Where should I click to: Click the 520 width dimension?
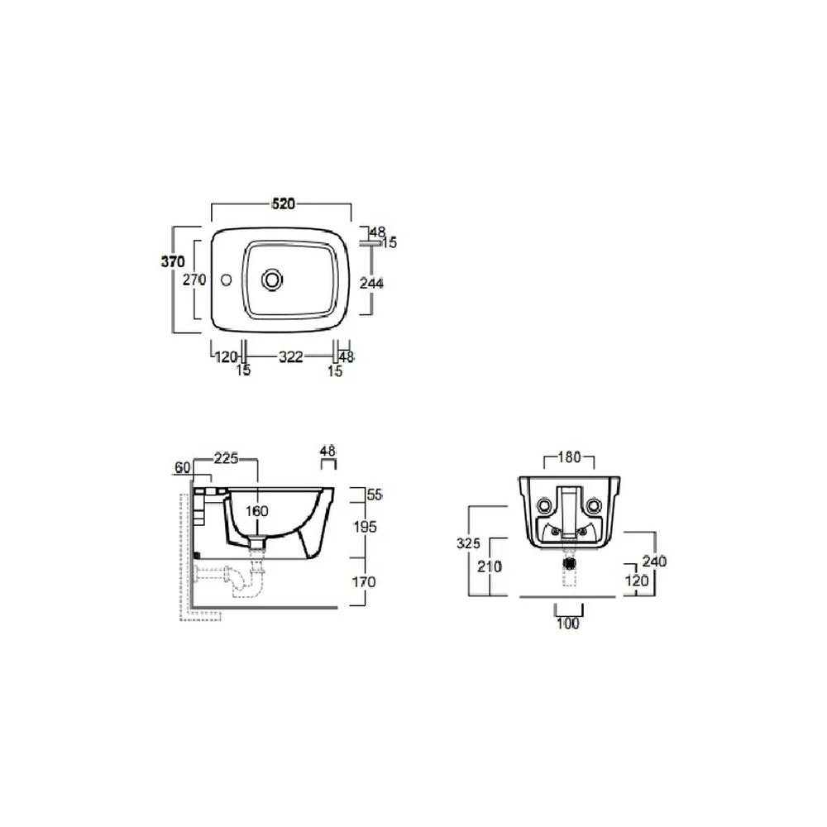283,203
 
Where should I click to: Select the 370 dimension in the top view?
173,261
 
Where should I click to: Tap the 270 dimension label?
194,280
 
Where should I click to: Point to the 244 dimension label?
371,283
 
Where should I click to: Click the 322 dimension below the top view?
290,357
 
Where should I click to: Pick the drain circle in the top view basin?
272,280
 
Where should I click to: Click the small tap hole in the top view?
227,280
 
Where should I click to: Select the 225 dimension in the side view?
226,458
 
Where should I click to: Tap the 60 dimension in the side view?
183,468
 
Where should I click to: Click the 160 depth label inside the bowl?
257,511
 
